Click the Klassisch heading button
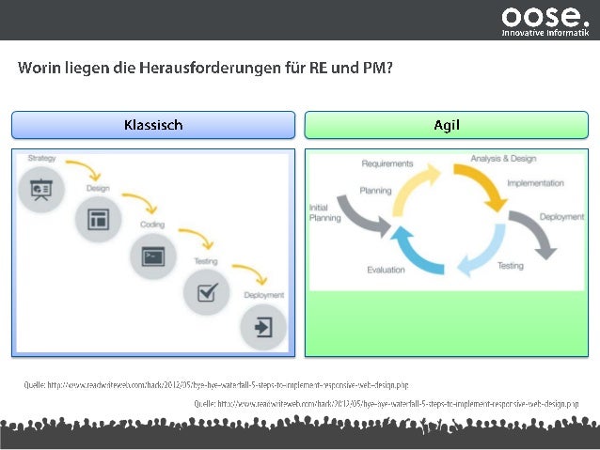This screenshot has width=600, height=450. coord(153,125)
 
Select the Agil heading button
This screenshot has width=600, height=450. coord(446,125)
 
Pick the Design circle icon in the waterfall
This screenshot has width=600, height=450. coord(97,220)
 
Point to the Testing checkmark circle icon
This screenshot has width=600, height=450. coord(206,291)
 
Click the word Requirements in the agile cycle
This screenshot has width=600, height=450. coord(387,163)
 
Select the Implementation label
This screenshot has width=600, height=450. coord(535,183)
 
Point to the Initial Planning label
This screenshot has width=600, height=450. coord(325,212)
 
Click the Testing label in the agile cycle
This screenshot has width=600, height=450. coord(510,266)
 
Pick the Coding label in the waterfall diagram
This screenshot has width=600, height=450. coord(152,225)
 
